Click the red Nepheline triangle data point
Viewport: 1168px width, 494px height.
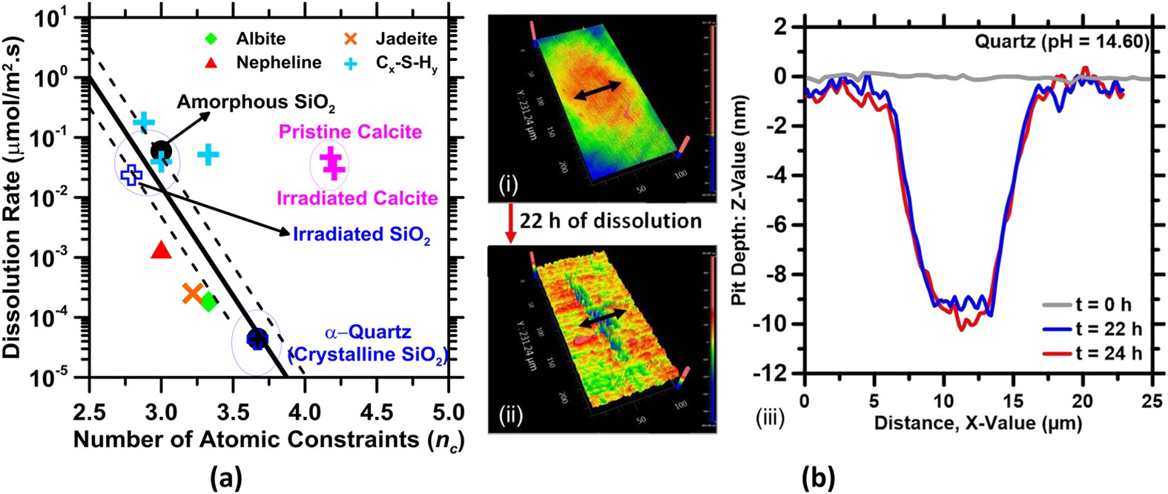(x=161, y=250)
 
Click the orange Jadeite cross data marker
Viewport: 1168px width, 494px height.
(x=192, y=293)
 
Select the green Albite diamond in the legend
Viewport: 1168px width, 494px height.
(x=211, y=38)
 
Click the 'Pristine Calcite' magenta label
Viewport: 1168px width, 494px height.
(x=350, y=132)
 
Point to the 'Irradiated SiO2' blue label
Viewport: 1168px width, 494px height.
(x=361, y=234)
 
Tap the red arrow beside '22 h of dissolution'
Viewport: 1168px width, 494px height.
(x=509, y=221)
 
